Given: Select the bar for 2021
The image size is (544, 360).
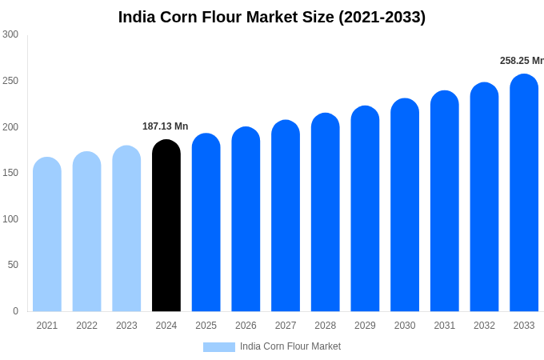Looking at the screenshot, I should point(47,236).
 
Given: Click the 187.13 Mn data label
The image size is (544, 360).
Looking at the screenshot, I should point(165,126).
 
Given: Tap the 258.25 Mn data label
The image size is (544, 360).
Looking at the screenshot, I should point(521,61).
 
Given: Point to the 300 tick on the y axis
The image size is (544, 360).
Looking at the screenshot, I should point(10,34).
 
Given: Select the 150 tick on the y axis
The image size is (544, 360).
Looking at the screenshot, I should point(10,173).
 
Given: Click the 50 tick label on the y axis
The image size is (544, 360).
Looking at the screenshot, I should point(13,265).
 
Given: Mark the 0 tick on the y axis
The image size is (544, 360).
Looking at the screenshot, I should point(15,311).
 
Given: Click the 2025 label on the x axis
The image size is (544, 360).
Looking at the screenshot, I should point(206,326).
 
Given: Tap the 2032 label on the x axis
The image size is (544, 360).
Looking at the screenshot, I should point(484,326).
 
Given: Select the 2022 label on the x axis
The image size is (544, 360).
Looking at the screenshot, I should point(86,326).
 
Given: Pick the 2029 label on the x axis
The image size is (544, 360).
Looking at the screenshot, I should point(365,326).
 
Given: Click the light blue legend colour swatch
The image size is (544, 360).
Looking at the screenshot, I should point(219,347).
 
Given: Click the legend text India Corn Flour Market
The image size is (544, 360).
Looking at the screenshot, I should point(290,346).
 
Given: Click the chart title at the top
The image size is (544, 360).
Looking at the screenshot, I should point(272,17).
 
